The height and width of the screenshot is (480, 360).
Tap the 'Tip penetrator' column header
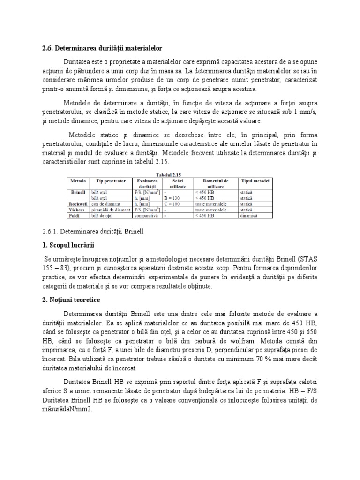(x=111, y=180)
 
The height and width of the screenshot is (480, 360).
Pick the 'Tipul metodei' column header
(x=255, y=180)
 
